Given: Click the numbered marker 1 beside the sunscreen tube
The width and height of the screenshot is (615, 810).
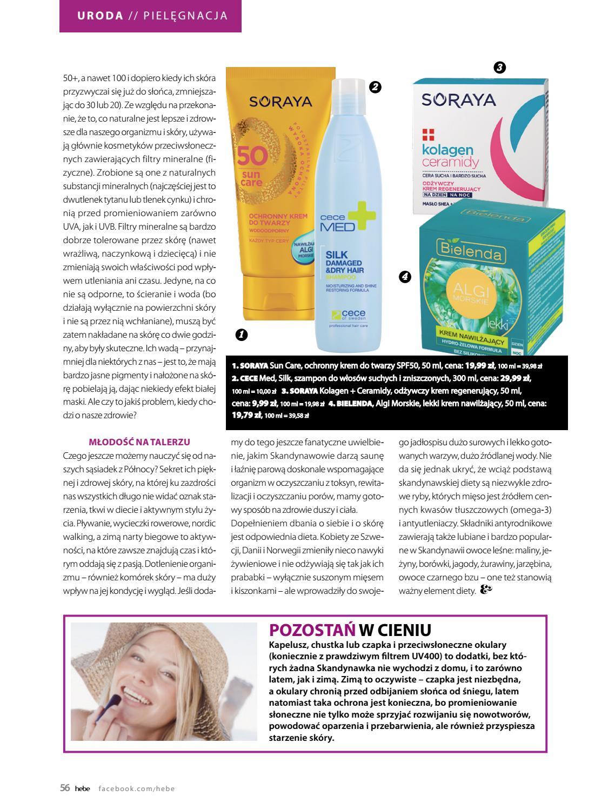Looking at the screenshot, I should pyautogui.click(x=242, y=335).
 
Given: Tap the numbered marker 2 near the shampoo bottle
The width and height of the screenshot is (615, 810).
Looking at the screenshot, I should pyautogui.click(x=375, y=88).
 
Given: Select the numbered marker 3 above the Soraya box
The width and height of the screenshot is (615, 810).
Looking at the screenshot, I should pyautogui.click(x=499, y=68).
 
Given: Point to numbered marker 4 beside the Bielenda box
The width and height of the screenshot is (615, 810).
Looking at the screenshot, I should pyautogui.click(x=405, y=277).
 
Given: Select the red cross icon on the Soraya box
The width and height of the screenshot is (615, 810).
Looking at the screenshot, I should pyautogui.click(x=428, y=133).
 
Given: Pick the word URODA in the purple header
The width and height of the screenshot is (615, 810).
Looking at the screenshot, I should pyautogui.click(x=100, y=16).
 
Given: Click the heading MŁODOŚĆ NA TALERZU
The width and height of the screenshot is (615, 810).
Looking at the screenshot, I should pyautogui.click(x=139, y=442).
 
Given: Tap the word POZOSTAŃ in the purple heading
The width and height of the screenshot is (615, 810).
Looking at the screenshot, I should pyautogui.click(x=312, y=630).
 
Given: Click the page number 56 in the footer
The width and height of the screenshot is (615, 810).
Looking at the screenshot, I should pyautogui.click(x=65, y=788).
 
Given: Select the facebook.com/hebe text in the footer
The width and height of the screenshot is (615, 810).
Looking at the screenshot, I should pyautogui.click(x=137, y=788).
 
